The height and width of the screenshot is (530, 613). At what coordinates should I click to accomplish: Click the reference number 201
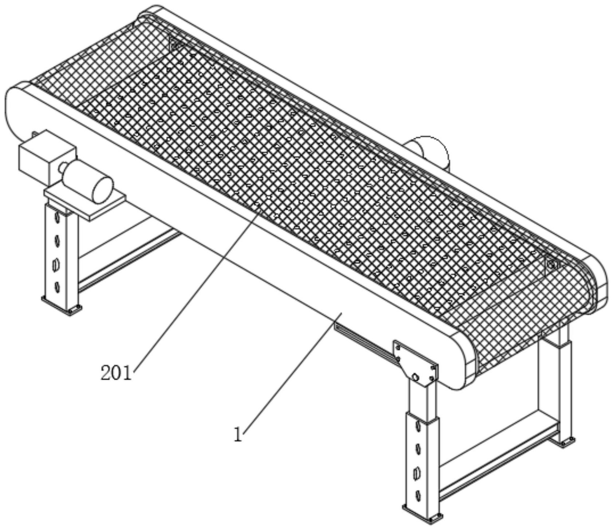pyautogui.click(x=116, y=373)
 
